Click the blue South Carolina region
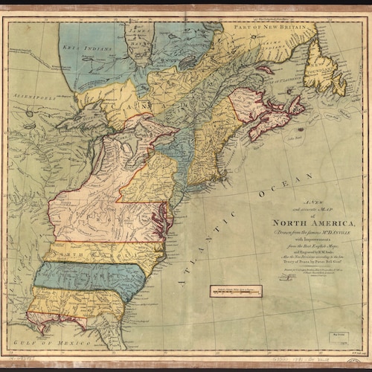point(89,275)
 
